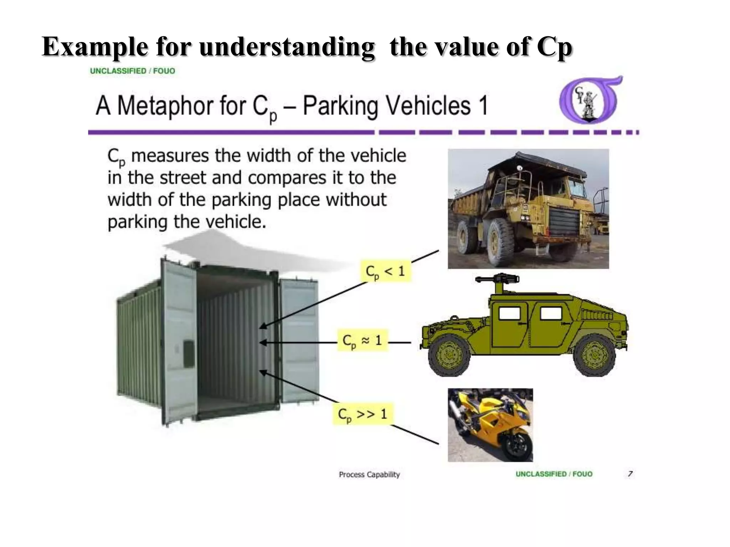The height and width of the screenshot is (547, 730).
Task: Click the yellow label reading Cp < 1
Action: (x=386, y=271)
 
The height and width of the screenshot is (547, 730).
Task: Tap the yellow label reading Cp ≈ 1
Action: (x=363, y=340)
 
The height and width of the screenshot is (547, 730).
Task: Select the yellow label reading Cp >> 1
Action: (x=363, y=414)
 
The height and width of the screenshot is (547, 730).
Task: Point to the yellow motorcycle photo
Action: (x=490, y=425)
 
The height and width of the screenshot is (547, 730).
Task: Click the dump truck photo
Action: (x=528, y=209)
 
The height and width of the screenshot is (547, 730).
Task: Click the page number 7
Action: (x=630, y=474)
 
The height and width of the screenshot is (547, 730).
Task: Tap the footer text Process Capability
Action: (x=369, y=474)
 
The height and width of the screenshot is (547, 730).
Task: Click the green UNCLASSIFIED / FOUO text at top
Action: (x=133, y=71)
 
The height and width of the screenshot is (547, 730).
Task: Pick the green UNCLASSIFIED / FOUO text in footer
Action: (x=554, y=474)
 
